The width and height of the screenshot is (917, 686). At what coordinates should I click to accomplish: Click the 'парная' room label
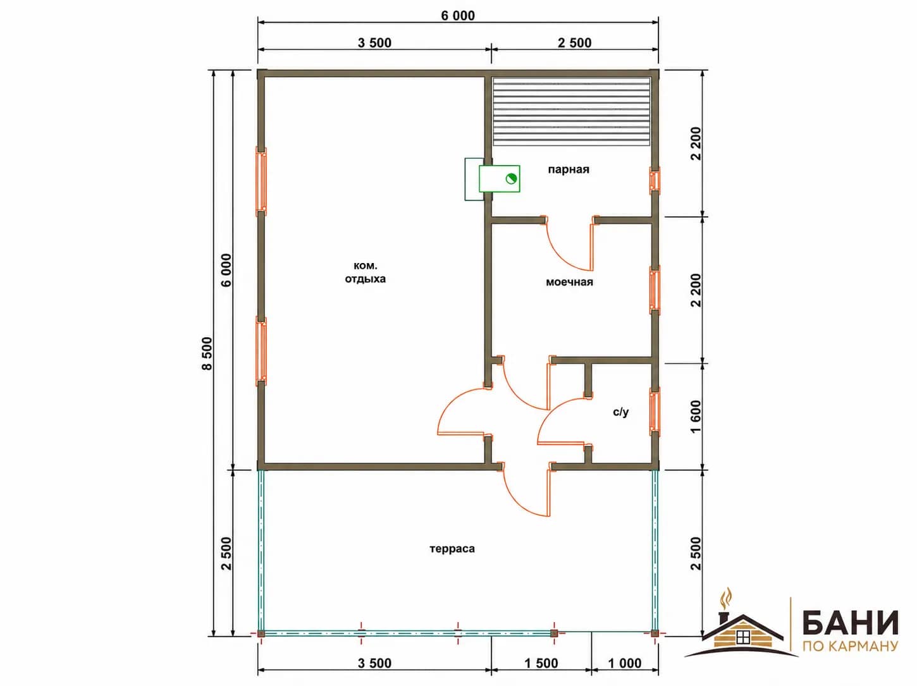click(569, 169)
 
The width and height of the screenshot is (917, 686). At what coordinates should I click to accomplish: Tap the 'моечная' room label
click(569, 282)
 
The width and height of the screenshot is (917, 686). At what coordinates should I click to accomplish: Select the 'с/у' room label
click(620, 412)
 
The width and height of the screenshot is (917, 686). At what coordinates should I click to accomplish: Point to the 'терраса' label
click(452, 548)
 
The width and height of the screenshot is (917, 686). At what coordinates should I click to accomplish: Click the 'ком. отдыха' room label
click(365, 273)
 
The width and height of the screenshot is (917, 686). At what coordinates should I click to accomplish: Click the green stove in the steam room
click(499, 179)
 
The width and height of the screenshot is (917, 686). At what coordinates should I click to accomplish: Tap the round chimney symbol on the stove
click(511, 179)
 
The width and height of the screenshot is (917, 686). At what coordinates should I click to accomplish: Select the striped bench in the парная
click(572, 111)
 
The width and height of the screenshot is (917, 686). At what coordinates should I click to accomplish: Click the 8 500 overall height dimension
click(207, 353)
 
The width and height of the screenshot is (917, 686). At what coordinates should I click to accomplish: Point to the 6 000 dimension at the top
click(458, 16)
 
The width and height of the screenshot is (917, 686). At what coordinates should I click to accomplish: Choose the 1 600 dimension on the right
click(696, 417)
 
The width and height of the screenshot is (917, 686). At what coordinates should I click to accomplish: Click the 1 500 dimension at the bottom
click(541, 663)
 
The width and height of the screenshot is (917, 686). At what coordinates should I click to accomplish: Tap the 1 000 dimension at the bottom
click(625, 663)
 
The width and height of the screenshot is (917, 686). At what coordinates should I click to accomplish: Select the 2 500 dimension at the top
click(574, 43)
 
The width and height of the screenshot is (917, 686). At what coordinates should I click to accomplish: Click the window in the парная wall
click(655, 180)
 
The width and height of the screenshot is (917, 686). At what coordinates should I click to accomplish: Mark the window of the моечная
click(655, 290)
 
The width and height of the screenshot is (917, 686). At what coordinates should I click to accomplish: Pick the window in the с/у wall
click(655, 412)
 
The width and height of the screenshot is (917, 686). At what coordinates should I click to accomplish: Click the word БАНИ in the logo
click(850, 623)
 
